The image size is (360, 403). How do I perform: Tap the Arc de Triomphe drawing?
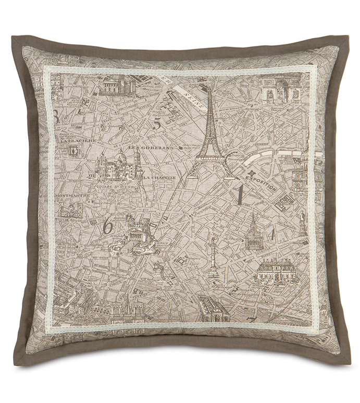tap(281, 89)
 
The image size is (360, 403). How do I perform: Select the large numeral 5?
tap(157, 124)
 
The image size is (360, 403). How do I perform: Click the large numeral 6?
tap(107, 226)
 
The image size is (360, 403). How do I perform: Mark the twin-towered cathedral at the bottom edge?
tap(128, 311)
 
